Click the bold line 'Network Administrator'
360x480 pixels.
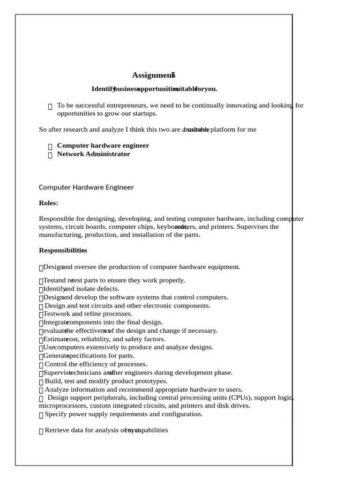(x=93, y=154)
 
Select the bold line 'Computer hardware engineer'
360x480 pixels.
(x=103, y=145)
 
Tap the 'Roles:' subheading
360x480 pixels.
(x=48, y=203)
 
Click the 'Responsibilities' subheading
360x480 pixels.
(x=63, y=250)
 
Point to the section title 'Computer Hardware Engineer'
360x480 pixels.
(x=86, y=187)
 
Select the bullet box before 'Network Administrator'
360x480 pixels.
(x=50, y=155)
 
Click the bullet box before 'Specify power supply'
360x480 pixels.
(x=41, y=415)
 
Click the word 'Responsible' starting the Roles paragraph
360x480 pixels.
(x=56, y=218)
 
